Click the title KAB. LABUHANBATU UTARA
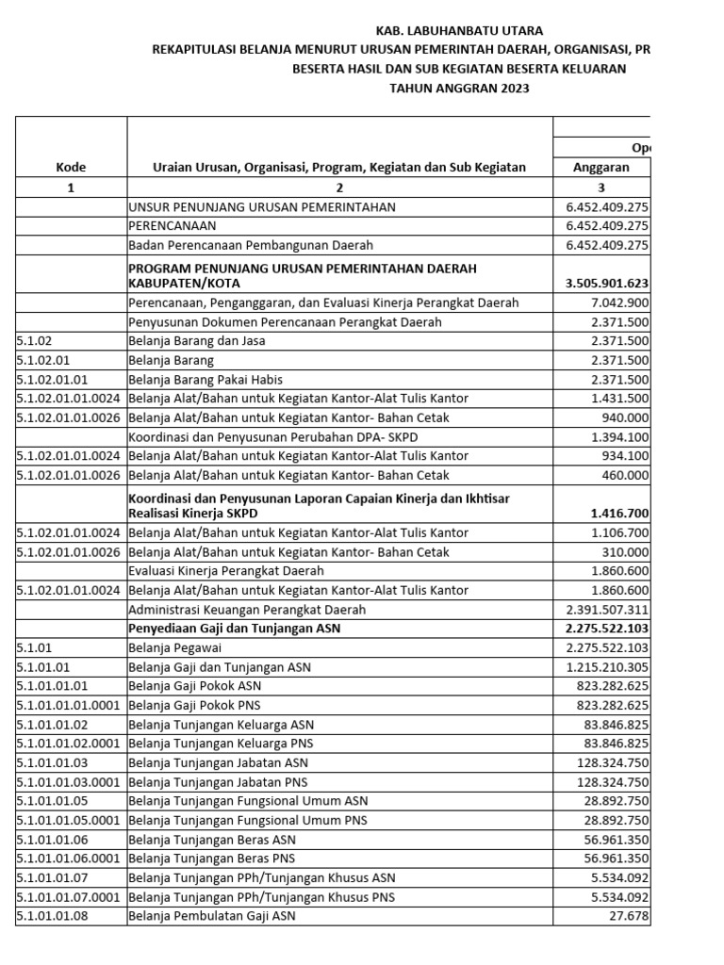tap(459, 31)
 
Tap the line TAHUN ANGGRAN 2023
tap(459, 89)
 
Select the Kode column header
tap(71, 167)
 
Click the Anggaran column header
tap(601, 167)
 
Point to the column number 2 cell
tap(339, 187)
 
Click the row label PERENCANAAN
tap(173, 226)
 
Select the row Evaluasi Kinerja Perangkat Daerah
tap(226, 571)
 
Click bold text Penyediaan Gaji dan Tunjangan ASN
tap(235, 629)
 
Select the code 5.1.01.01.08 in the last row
tap(52, 916)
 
